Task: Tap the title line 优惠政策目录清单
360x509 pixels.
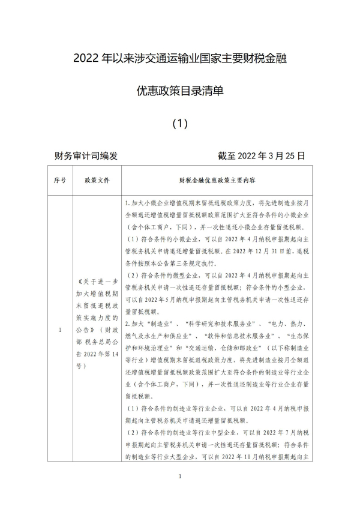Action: point(180,91)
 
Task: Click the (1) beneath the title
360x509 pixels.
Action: point(180,124)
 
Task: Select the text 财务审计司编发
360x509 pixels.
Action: point(86,155)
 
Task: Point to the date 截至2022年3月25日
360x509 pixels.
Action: point(262,155)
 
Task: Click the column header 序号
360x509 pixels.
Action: point(59,179)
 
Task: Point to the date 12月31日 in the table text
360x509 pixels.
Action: point(260,251)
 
